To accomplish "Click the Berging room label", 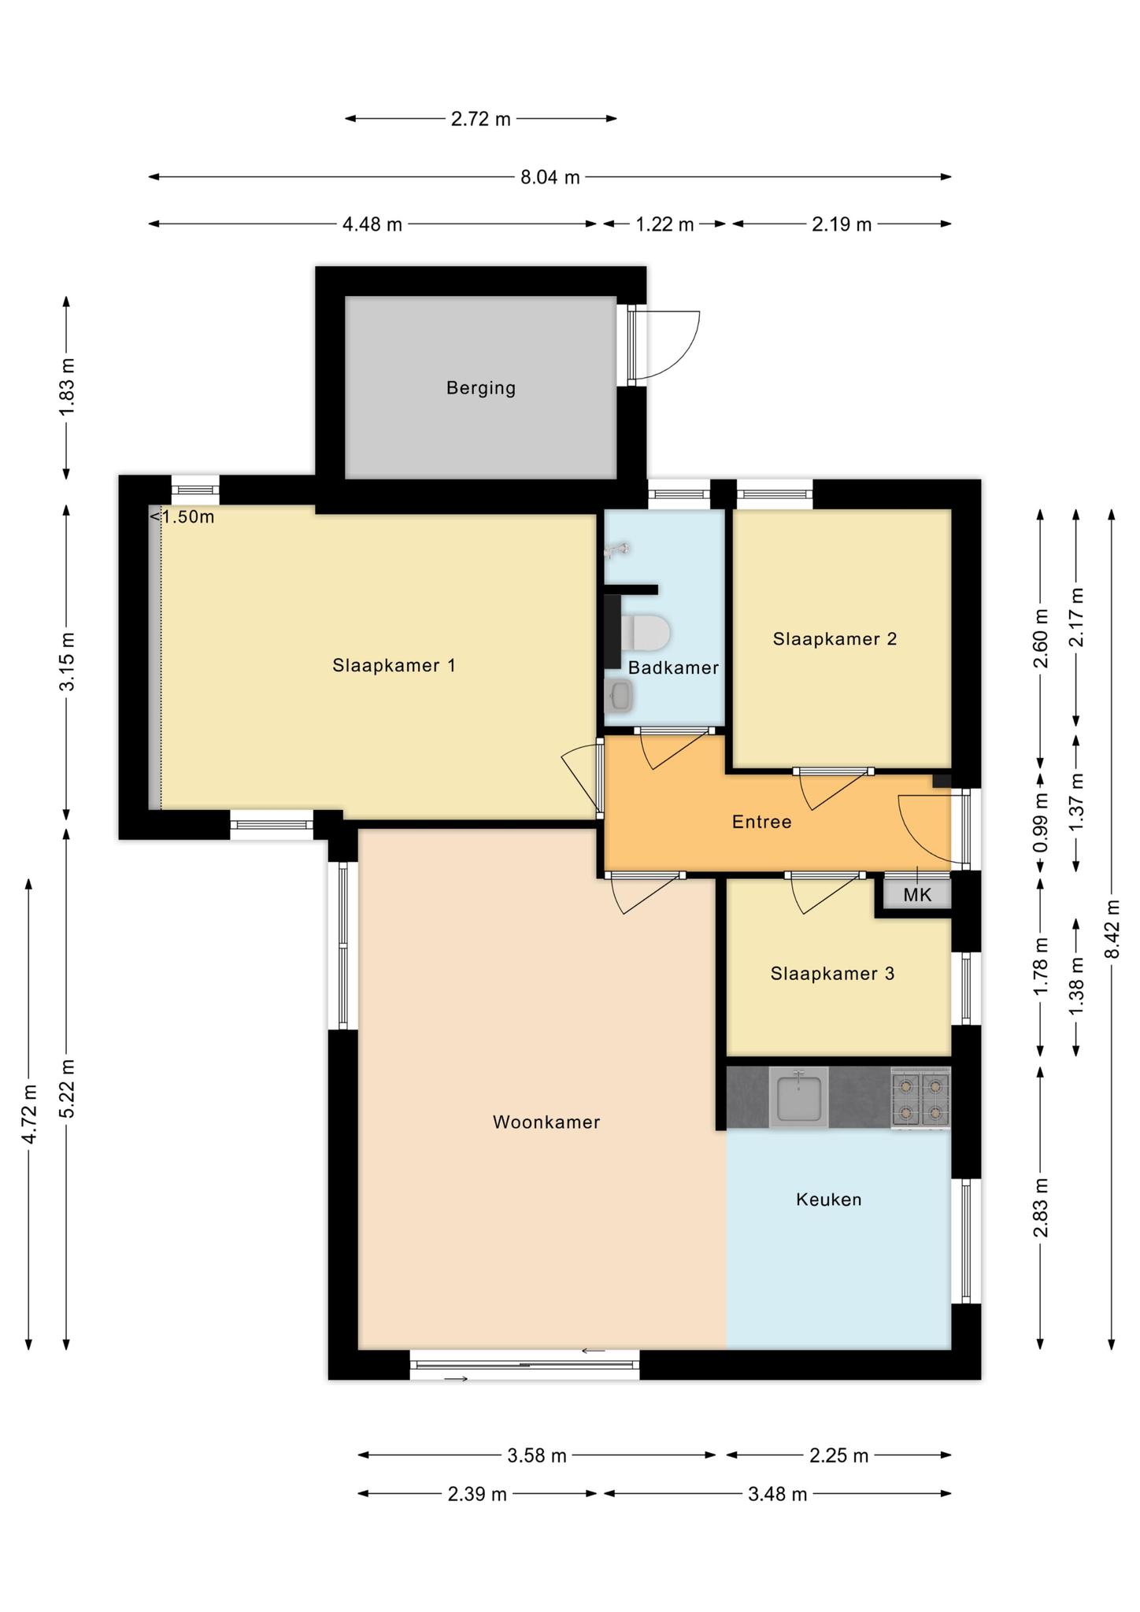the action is point(481,388).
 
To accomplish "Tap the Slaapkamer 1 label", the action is point(394,666).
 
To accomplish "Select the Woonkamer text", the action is point(546,1122).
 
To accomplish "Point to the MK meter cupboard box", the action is point(917,895).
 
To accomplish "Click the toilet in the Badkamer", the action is point(645,633).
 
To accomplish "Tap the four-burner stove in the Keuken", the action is point(920,1098).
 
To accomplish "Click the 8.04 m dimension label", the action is point(550,178).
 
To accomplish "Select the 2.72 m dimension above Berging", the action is point(481,120).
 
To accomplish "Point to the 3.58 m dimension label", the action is point(537,1455).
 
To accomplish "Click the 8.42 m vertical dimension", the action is point(1112,930).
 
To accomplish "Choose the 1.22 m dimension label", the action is point(665,224).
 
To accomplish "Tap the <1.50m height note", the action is point(182,517).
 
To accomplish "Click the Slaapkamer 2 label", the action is point(835,639).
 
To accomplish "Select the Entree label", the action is point(761,823).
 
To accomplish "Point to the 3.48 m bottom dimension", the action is point(778,1494).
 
